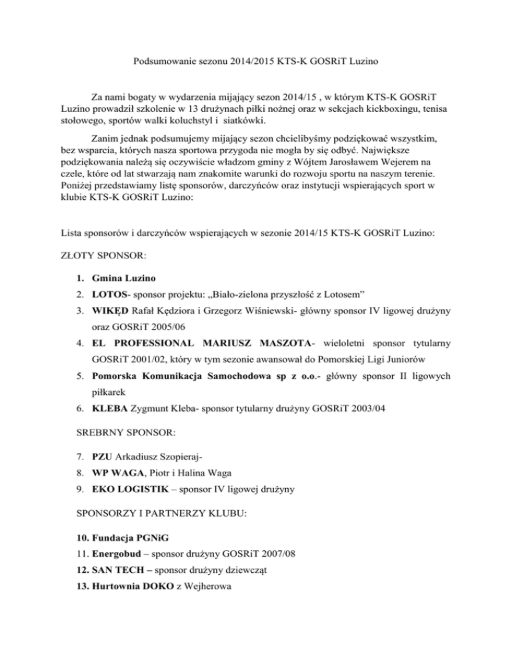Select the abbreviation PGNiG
point(156,542)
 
